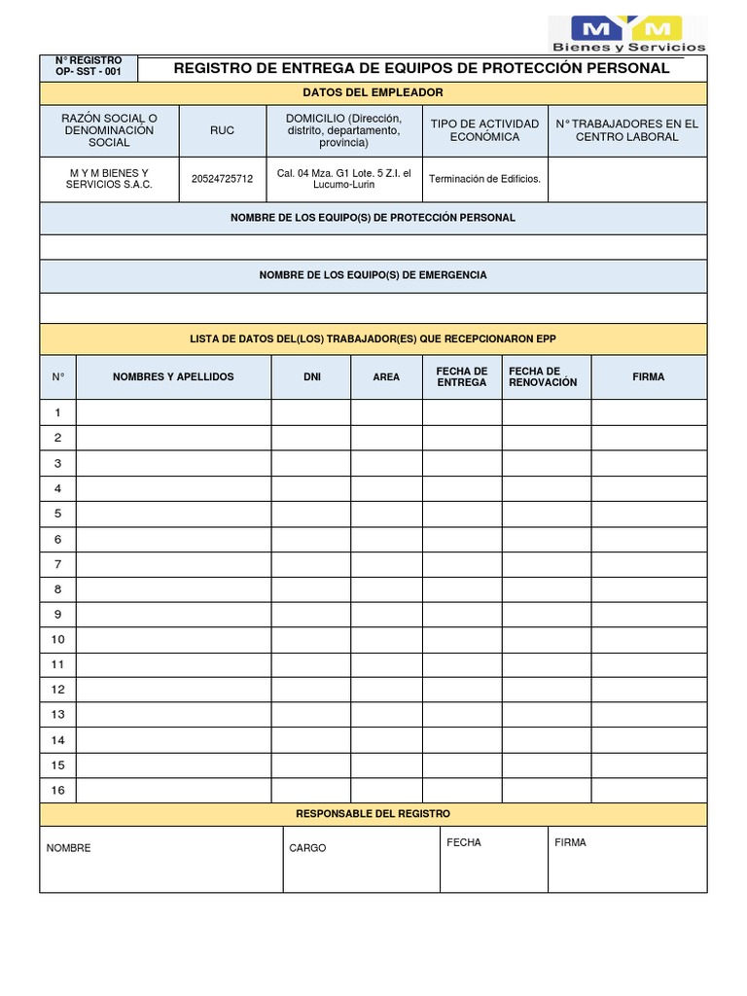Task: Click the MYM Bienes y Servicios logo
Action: (x=628, y=34)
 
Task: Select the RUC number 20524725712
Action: (x=222, y=179)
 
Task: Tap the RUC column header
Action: (x=222, y=130)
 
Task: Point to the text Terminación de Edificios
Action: (x=484, y=179)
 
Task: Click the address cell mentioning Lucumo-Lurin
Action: (x=343, y=179)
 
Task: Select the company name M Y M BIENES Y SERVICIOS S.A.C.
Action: (x=109, y=179)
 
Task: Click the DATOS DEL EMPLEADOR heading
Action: (x=373, y=92)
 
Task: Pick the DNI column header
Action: (x=311, y=376)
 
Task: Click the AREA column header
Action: (x=386, y=376)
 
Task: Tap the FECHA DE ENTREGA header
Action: (x=462, y=376)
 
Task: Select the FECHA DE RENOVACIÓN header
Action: (x=543, y=376)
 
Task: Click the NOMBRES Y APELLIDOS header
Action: (x=173, y=376)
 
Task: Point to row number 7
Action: (x=58, y=564)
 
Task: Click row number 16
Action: (x=58, y=790)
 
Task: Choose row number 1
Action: (x=58, y=412)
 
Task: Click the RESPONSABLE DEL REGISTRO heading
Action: (x=373, y=813)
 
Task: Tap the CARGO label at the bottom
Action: (x=307, y=848)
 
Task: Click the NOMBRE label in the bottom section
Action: (x=68, y=848)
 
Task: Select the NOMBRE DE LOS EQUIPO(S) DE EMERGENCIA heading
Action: (x=373, y=275)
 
